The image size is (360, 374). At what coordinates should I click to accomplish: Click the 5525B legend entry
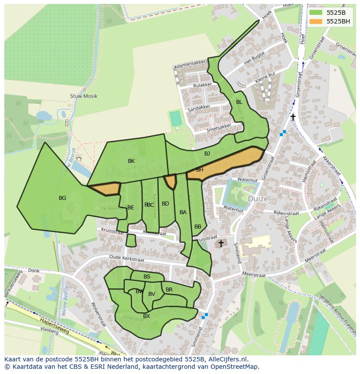click(x=336, y=12)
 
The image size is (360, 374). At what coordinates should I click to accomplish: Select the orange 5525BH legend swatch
click(x=316, y=21)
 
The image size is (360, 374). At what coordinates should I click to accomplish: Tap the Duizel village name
click(x=259, y=199)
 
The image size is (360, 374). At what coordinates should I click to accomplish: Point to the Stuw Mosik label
click(x=83, y=96)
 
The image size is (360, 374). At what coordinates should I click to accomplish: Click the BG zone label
click(x=62, y=198)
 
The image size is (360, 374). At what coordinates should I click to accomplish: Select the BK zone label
click(x=131, y=161)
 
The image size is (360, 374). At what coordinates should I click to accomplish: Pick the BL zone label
click(x=239, y=102)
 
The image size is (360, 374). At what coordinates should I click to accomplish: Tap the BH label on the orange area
click(x=200, y=170)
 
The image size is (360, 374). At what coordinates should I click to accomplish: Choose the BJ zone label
click(x=207, y=154)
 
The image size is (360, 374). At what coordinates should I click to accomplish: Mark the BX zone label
click(x=147, y=316)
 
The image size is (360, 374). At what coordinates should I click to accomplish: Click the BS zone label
click(x=147, y=277)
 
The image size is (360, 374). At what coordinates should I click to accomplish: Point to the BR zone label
click(x=169, y=290)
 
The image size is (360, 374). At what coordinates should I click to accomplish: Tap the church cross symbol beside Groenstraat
click(x=293, y=117)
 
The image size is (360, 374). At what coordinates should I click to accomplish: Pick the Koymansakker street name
click(x=190, y=66)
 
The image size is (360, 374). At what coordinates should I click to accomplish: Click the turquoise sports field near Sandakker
click(x=175, y=119)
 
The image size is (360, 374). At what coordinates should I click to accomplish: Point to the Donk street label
click(x=33, y=271)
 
